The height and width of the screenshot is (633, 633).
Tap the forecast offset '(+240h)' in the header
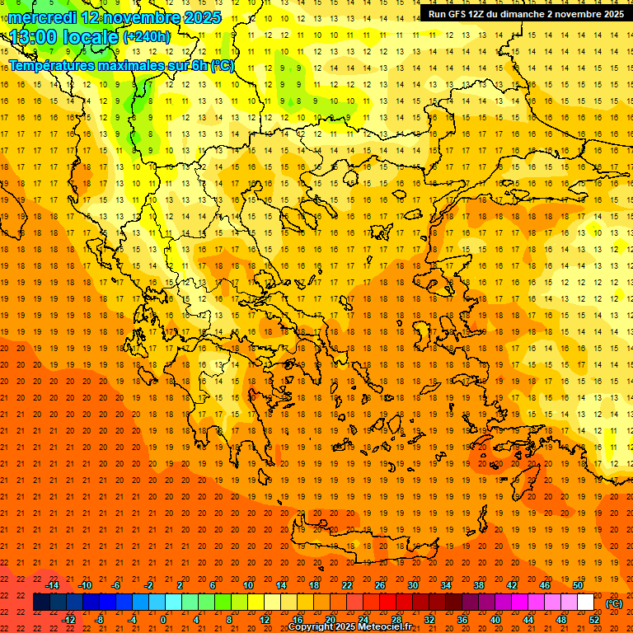(x=147, y=36)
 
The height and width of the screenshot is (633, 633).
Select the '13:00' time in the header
(x=33, y=37)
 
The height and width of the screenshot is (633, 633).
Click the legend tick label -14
(x=53, y=585)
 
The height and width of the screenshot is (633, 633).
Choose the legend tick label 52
(x=594, y=620)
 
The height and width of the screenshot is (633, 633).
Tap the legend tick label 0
(x=163, y=620)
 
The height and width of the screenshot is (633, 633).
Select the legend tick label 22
(x=347, y=585)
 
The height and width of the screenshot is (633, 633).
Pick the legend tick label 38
(x=479, y=585)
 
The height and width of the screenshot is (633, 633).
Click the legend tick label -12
(x=69, y=620)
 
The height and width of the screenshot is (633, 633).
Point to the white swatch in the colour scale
(x=585, y=603)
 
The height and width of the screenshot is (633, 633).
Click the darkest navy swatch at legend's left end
(x=41, y=603)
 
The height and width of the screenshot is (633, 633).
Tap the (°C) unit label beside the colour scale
(x=614, y=603)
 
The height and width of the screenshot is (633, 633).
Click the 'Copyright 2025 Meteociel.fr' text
(x=349, y=627)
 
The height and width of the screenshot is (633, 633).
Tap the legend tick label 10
(x=247, y=585)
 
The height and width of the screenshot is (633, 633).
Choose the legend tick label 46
(x=545, y=585)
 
